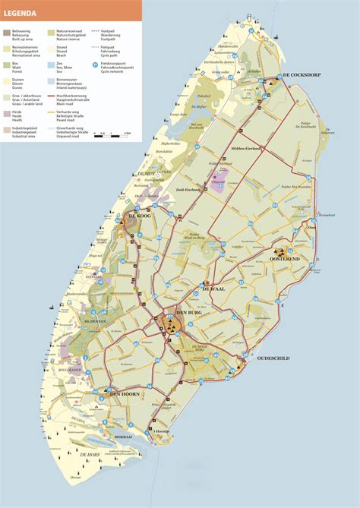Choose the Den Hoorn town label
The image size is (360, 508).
point(127,393)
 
